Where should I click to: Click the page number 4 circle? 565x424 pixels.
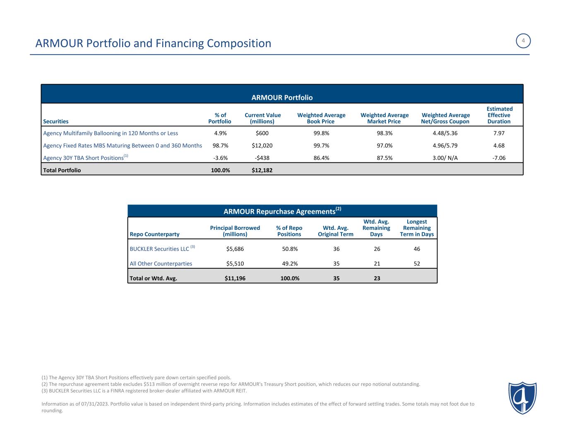coord(524,41)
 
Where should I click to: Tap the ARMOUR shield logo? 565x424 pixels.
coord(522,397)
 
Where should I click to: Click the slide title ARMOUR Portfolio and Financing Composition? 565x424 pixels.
coord(154,43)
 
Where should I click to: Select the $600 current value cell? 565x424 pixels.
coord(262,133)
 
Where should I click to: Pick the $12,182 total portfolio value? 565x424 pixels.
coord(262,170)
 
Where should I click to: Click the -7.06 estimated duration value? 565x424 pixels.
coord(499,158)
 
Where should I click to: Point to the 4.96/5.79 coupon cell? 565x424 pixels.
coord(445,146)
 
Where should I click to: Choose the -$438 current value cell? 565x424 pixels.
coord(262,158)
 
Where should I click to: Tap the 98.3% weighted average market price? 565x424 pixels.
coord(384,133)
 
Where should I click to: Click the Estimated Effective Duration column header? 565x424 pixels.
coord(499,115)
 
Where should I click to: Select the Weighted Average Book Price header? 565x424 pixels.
coord(321,118)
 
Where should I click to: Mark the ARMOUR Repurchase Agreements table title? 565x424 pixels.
coord(282,211)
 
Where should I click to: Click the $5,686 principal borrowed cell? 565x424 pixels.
coord(235,249)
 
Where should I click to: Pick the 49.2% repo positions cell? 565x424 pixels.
coord(289,263)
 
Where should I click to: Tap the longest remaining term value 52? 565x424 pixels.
coord(417,263)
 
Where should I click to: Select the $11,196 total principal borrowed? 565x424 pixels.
coord(235,278)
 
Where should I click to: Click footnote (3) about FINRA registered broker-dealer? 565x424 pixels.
coord(144,390)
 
